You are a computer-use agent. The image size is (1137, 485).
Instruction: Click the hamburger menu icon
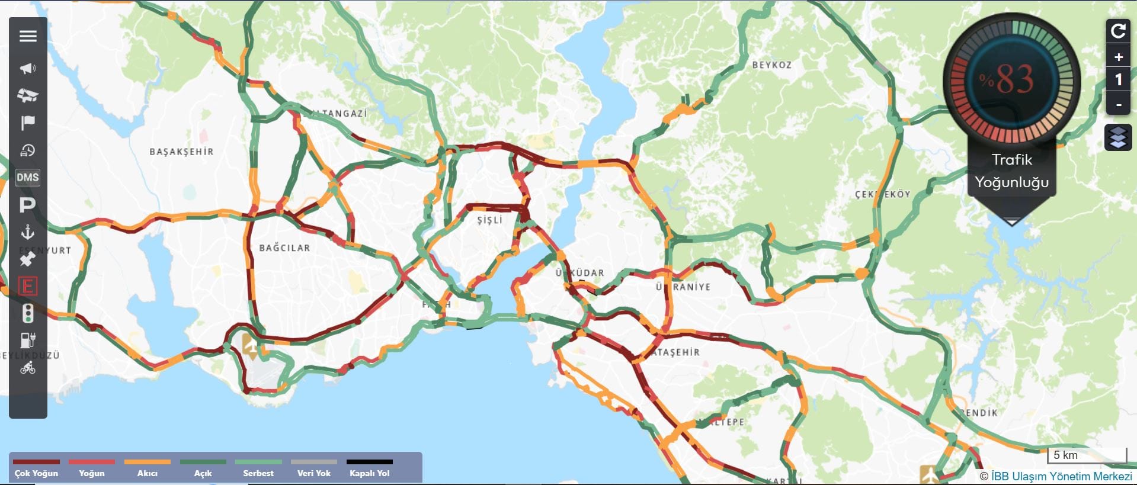pyautogui.click(x=28, y=36)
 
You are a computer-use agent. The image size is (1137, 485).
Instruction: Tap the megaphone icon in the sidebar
pyautogui.click(x=28, y=68)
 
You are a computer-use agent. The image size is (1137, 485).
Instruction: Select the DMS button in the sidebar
pyautogui.click(x=28, y=177)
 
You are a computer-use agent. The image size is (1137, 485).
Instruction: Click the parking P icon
pyautogui.click(x=28, y=205)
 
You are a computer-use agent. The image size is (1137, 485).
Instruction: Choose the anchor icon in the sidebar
pyautogui.click(x=28, y=232)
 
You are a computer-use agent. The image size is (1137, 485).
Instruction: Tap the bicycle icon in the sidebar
pyautogui.click(x=28, y=368)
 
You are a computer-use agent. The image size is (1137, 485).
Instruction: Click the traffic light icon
pyautogui.click(x=28, y=313)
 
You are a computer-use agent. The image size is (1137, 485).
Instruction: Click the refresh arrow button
pyautogui.click(x=1118, y=31)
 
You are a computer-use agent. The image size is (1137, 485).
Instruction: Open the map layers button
pyautogui.click(x=1118, y=138)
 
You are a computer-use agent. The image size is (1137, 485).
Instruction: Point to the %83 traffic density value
pyautogui.click(x=1007, y=79)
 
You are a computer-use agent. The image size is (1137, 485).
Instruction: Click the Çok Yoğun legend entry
pyautogui.click(x=36, y=468)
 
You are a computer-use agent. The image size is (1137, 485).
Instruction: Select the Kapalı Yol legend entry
pyautogui.click(x=370, y=468)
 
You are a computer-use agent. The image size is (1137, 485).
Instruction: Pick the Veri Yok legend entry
pyautogui.click(x=314, y=468)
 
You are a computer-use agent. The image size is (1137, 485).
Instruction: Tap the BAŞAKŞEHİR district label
pyautogui.click(x=181, y=152)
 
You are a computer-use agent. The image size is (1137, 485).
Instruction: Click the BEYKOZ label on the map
pyautogui.click(x=771, y=65)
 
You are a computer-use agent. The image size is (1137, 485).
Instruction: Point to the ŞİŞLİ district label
pyautogui.click(x=489, y=220)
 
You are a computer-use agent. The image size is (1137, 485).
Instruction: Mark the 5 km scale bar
pyautogui.click(x=1087, y=455)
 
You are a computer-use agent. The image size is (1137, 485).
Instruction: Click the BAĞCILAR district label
pyautogui.click(x=284, y=248)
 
